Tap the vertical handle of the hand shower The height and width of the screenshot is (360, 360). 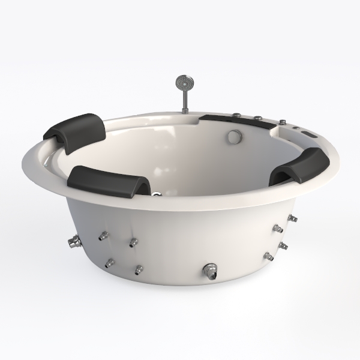click(x=182, y=99)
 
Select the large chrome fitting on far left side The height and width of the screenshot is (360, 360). click(x=74, y=242)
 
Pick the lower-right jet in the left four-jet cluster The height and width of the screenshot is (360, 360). click(x=139, y=269)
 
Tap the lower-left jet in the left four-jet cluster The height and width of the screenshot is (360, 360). click(x=109, y=263)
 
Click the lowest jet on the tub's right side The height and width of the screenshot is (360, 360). click(x=268, y=257)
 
